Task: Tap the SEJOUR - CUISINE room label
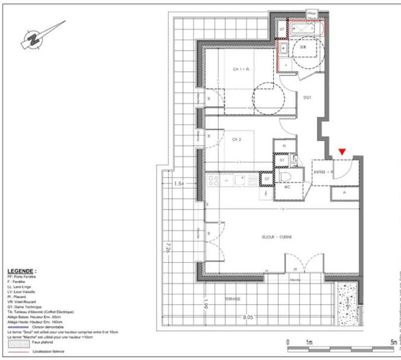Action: click(x=276, y=237)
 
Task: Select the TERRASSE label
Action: click(x=232, y=299)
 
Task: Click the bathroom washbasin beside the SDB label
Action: click(x=284, y=49)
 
